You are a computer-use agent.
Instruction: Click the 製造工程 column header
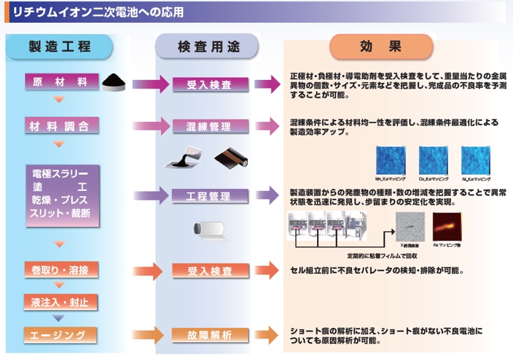(60, 46)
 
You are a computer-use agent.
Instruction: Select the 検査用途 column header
(208, 47)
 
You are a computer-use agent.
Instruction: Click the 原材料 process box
(61, 82)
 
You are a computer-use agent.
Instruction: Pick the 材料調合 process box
(61, 126)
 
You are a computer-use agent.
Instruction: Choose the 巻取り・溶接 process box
(61, 270)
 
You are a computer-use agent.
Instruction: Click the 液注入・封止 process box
(61, 302)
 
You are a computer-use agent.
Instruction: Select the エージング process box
(61, 334)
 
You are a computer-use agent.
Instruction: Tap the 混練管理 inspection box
(209, 127)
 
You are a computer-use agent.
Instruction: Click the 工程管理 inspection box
(209, 195)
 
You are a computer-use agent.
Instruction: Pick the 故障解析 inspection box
(209, 335)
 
